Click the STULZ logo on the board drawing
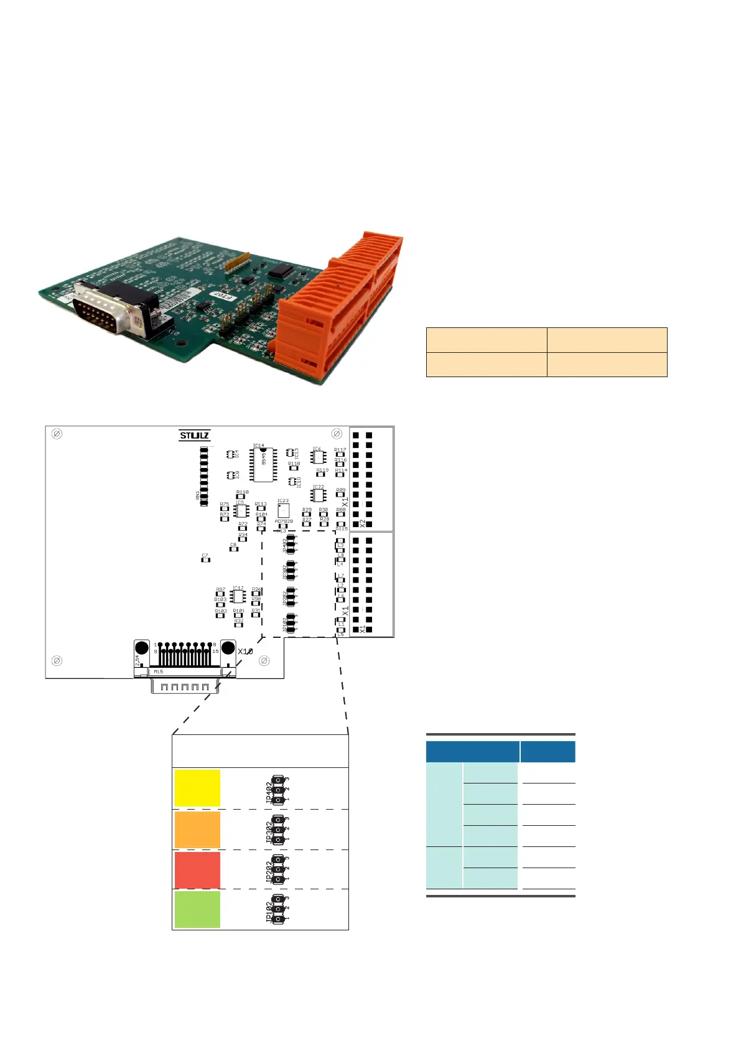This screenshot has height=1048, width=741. (194, 436)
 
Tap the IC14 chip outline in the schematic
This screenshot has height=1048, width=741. (263, 464)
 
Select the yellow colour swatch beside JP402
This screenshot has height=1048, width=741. (197, 788)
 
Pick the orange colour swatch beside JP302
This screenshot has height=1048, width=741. (197, 830)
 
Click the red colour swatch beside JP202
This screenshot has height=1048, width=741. (197, 870)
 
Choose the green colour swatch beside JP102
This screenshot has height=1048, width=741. (197, 909)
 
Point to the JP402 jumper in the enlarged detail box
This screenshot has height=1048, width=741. (277, 789)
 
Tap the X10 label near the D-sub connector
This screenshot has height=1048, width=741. (245, 652)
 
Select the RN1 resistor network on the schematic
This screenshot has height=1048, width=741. (204, 476)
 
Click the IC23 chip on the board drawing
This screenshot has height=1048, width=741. (283, 510)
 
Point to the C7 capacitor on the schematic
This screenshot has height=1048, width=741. (205, 559)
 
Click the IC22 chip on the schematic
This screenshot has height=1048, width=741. (319, 495)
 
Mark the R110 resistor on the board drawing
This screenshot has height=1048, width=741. (242, 497)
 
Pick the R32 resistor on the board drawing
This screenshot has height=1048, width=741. (238, 624)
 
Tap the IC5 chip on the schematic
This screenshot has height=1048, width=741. (240, 511)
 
